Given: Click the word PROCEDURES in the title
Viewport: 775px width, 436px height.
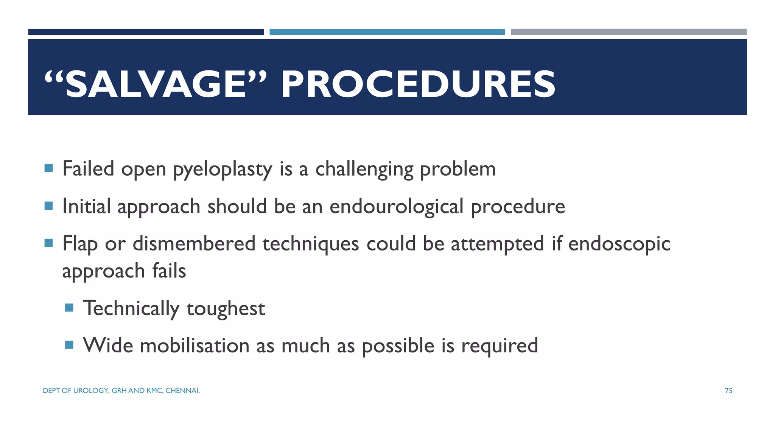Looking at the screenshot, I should coord(418,85).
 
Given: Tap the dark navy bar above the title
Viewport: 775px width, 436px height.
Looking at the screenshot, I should coord(146,32).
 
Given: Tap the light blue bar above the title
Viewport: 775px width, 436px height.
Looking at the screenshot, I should coord(387,32).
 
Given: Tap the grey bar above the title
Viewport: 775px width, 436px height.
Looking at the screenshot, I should coord(629,32).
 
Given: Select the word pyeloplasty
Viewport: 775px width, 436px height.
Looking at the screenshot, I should coord(223,169).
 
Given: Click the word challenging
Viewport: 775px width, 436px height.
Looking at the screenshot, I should coord(364,169).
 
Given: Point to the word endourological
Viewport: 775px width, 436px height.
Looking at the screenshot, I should coord(396,207).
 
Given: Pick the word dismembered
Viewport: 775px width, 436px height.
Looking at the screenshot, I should coord(194,244).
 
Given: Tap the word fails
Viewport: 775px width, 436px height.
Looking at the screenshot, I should coord(169,271).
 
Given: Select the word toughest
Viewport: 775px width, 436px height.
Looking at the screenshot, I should coord(226,308).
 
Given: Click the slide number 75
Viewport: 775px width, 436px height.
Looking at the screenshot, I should coord(728,391).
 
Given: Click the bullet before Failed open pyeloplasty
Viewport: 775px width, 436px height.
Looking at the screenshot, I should coord(48,168).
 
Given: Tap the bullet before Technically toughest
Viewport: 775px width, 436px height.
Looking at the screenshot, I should coord(69,307).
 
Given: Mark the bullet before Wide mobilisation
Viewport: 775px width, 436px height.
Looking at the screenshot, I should coord(69,345).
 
